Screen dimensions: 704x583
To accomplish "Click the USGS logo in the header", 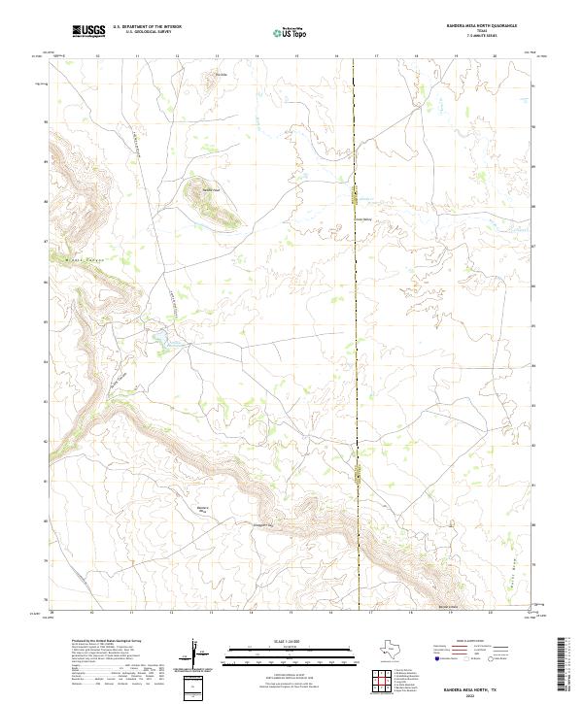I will tap(88, 31).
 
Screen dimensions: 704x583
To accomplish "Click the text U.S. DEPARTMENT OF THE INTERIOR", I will tap(148, 27).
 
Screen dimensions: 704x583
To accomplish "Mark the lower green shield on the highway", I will tap(358, 474).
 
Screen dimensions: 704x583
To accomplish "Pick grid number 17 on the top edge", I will tap(375, 56).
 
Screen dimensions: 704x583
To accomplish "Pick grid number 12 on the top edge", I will tap(177, 56).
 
